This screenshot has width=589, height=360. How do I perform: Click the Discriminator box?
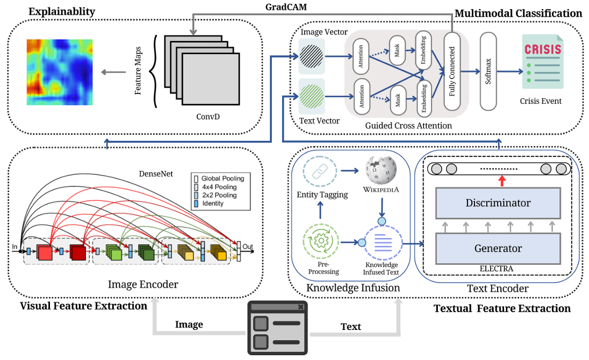click(498, 203)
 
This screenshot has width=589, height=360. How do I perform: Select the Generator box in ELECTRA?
click(498, 248)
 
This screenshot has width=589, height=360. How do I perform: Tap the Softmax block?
click(489, 71)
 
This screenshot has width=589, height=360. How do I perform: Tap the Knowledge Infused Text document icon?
click(382, 241)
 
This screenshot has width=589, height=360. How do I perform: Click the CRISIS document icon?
click(542, 61)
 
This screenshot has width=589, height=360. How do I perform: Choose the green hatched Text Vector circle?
click(311, 96)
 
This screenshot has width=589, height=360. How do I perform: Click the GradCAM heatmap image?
click(60, 72)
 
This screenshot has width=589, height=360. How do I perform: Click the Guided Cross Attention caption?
click(408, 125)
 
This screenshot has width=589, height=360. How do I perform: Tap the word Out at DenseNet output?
click(248, 247)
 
